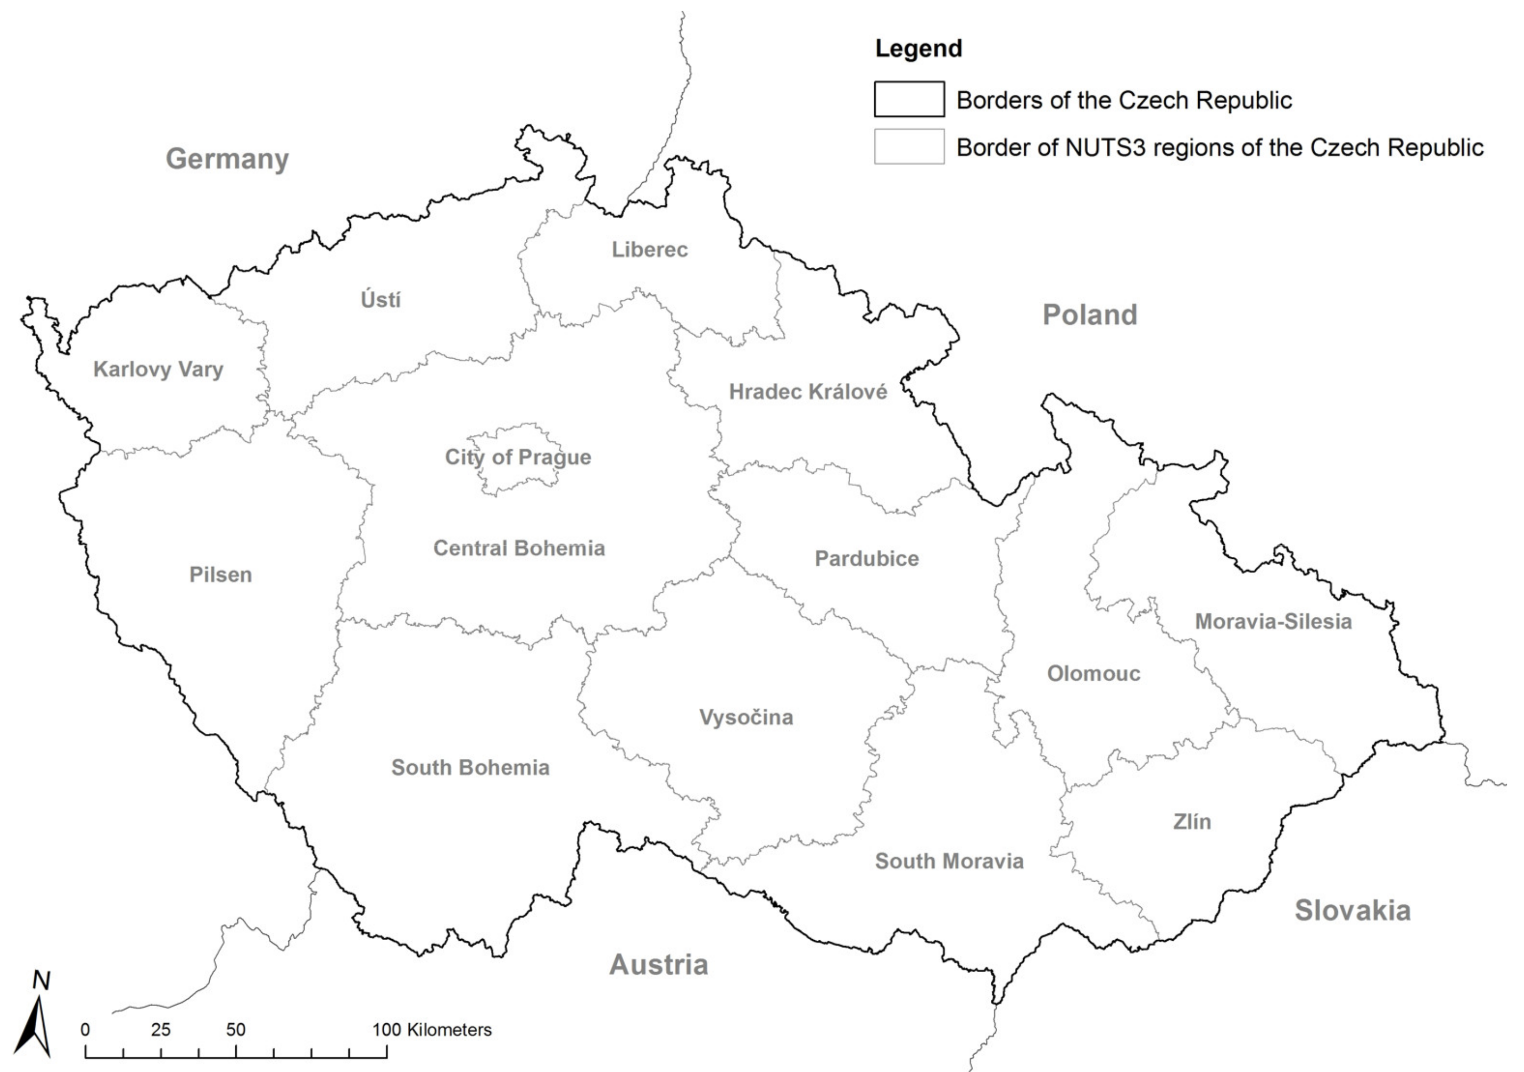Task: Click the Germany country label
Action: click(227, 159)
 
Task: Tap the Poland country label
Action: click(1090, 315)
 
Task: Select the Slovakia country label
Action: click(1352, 910)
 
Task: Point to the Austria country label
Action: click(659, 964)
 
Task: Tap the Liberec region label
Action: click(650, 250)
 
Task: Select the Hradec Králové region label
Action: click(808, 392)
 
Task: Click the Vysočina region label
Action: click(746, 717)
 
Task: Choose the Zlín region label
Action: click(1191, 822)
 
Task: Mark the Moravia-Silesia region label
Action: click(1273, 621)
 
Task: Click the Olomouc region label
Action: click(1093, 674)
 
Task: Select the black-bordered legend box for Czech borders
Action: click(909, 99)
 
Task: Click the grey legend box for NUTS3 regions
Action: click(909, 146)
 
